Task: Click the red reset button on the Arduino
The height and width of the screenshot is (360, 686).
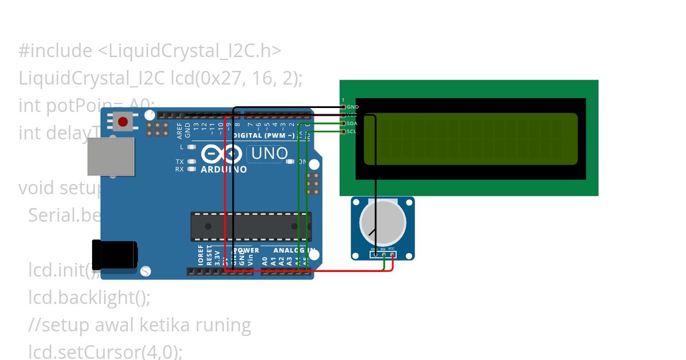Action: click(x=122, y=121)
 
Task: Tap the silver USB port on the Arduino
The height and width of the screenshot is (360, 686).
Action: click(x=111, y=156)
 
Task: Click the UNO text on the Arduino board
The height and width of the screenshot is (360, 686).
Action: click(x=270, y=154)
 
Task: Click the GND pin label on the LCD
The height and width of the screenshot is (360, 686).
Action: click(x=353, y=107)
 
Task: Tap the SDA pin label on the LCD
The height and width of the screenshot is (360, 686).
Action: click(x=352, y=123)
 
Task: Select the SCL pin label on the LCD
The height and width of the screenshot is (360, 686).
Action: click(x=352, y=131)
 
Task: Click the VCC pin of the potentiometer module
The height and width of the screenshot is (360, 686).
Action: click(x=392, y=249)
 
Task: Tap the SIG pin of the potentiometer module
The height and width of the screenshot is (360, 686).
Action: click(x=382, y=249)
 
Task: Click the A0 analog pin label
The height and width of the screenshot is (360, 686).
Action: click(x=265, y=261)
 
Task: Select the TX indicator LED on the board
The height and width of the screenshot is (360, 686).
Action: click(x=192, y=162)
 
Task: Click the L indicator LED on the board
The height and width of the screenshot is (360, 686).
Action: click(x=192, y=147)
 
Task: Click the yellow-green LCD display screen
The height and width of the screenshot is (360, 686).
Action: click(x=470, y=139)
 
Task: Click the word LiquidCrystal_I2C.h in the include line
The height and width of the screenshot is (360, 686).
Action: click(x=189, y=51)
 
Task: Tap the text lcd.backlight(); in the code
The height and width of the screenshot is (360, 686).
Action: click(x=89, y=298)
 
